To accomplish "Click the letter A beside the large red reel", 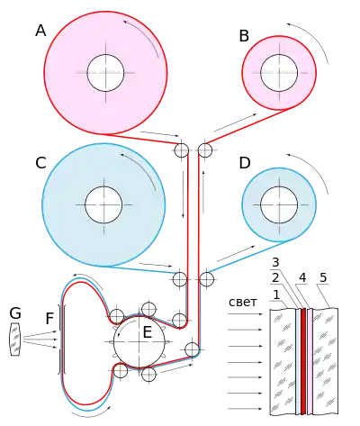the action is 40,31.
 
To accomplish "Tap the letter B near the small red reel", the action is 244,36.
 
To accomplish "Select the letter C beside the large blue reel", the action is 40,163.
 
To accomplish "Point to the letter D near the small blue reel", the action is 245,163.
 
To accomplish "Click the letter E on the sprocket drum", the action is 147,332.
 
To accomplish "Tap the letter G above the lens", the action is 15,313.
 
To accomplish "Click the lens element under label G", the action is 15,340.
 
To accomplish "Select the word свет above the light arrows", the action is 243,302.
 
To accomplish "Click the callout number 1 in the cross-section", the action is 276,295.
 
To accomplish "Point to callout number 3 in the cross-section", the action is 275,262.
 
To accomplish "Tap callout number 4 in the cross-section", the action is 302,278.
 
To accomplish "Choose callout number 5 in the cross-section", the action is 323,278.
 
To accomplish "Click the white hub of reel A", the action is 105,73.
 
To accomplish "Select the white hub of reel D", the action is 279,204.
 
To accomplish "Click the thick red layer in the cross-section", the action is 303,361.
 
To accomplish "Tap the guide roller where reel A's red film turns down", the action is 182,150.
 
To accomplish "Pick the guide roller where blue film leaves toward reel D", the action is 207,279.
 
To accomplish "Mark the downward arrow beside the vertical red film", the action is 183,195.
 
